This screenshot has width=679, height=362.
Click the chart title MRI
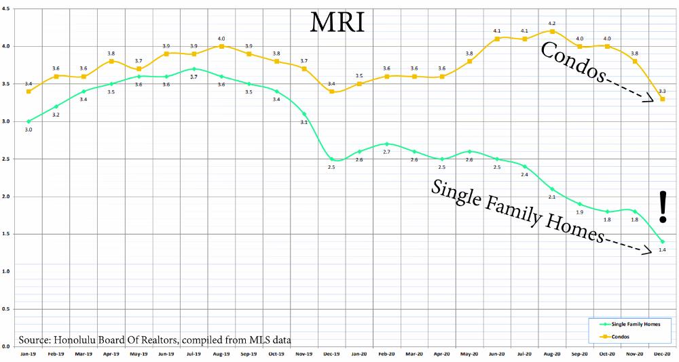(x=337, y=22)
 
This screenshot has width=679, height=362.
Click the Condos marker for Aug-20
(x=552, y=31)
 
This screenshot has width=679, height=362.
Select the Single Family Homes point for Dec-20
(x=662, y=242)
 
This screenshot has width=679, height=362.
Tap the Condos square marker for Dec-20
(x=662, y=99)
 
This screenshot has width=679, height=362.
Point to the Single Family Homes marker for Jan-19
(x=29, y=121)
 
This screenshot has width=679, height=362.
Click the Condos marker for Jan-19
(x=29, y=92)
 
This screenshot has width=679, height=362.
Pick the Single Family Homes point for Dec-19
(x=331, y=159)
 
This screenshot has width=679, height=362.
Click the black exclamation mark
(x=663, y=207)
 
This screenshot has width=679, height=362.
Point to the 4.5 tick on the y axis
(x=7, y=9)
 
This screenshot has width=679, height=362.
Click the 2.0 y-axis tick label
(x=7, y=197)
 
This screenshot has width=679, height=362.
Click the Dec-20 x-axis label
(x=662, y=355)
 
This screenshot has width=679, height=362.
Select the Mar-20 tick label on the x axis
(x=415, y=355)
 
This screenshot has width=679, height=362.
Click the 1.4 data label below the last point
(x=662, y=251)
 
